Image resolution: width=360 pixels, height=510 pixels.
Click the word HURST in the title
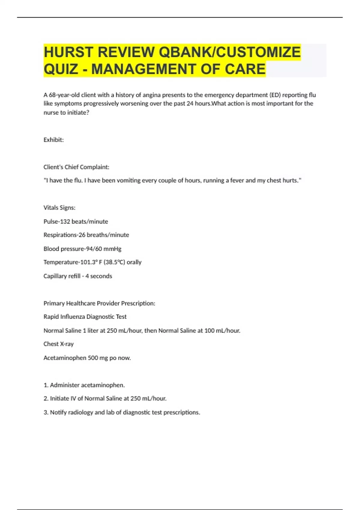[68, 52]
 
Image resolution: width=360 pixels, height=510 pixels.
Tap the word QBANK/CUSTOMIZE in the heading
[229, 52]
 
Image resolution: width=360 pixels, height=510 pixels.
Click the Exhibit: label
[54, 140]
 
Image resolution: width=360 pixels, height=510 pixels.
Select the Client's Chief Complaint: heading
[76, 167]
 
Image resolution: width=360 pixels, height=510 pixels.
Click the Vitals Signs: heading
[59, 208]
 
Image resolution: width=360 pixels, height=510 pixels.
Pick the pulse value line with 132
[76, 221]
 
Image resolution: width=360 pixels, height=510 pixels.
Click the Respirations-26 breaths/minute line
[86, 235]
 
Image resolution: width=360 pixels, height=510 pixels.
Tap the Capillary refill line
[78, 276]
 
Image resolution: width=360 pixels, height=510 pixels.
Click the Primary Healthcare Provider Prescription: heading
[99, 303]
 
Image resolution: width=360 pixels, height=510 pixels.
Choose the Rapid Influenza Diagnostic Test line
[85, 317]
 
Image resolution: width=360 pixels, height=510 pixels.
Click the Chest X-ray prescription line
[58, 344]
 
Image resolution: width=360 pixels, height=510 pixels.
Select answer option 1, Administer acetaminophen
[84, 385]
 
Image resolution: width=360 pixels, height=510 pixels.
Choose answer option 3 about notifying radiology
[122, 412]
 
